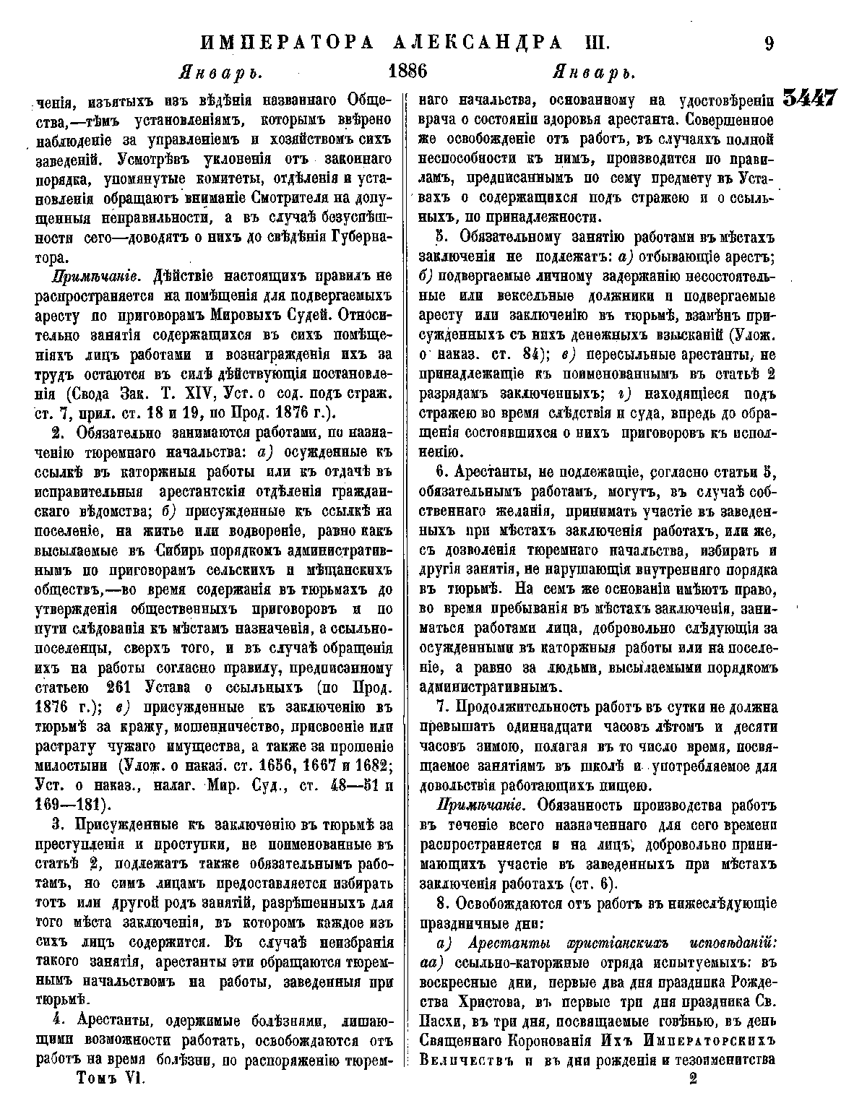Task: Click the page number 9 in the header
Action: (767, 43)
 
